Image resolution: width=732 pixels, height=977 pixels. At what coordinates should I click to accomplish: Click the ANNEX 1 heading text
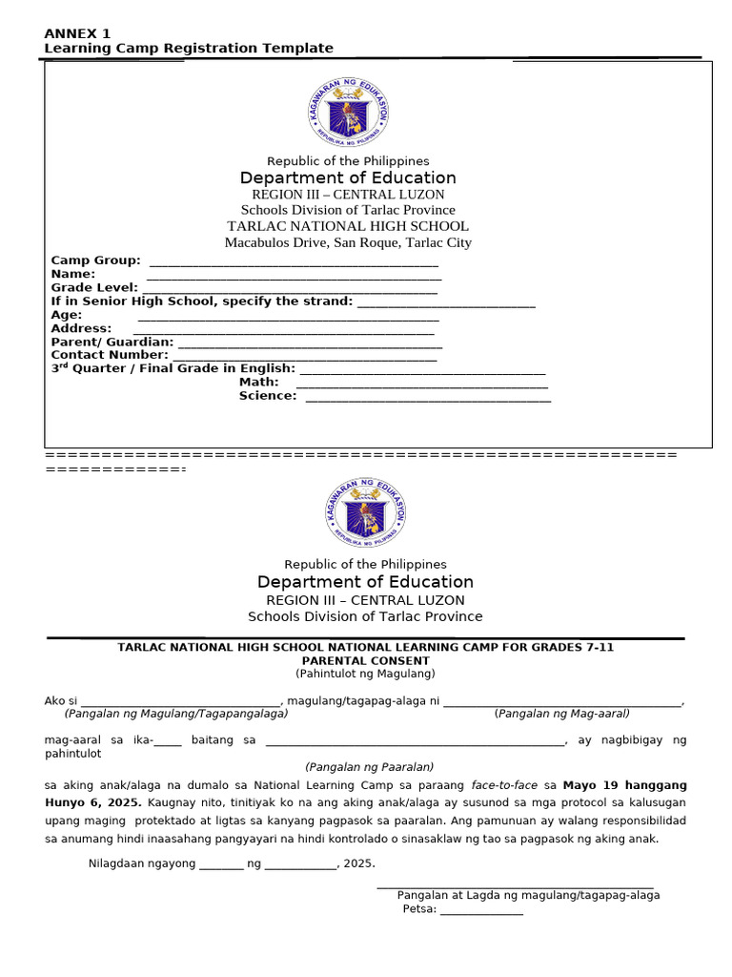tap(77, 33)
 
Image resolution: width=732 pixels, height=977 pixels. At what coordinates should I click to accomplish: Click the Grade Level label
tap(93, 287)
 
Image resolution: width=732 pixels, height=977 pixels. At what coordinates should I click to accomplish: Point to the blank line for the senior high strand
tap(445, 302)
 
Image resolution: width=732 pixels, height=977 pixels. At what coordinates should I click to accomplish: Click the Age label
tap(67, 315)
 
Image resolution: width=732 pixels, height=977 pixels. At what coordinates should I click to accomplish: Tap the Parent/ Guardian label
tap(112, 342)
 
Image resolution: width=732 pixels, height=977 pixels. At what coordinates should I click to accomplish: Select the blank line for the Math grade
tap(423, 384)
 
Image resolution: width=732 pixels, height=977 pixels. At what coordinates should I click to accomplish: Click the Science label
tap(268, 396)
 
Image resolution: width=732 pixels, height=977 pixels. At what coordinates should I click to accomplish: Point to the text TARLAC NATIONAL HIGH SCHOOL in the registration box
tap(348, 226)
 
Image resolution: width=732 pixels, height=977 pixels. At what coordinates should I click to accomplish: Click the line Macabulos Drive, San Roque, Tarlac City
tap(348, 242)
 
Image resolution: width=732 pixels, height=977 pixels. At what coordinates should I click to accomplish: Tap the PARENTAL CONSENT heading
tap(365, 660)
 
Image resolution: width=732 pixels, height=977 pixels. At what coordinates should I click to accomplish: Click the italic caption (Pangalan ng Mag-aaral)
tap(562, 714)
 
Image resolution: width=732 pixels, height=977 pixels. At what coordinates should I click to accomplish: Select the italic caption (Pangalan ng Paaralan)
tap(370, 767)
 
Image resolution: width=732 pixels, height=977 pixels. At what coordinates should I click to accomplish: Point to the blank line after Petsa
tap(481, 909)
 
